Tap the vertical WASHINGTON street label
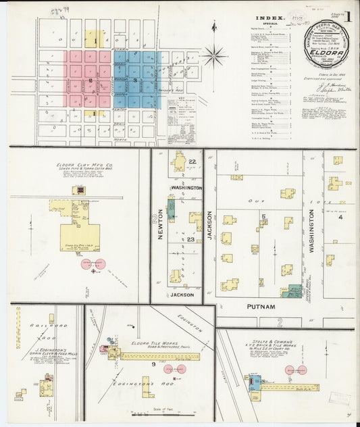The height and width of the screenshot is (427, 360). click(312, 228)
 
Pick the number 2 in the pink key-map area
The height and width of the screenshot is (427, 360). click(90, 80)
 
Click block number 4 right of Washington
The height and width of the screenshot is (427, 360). click(341, 217)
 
